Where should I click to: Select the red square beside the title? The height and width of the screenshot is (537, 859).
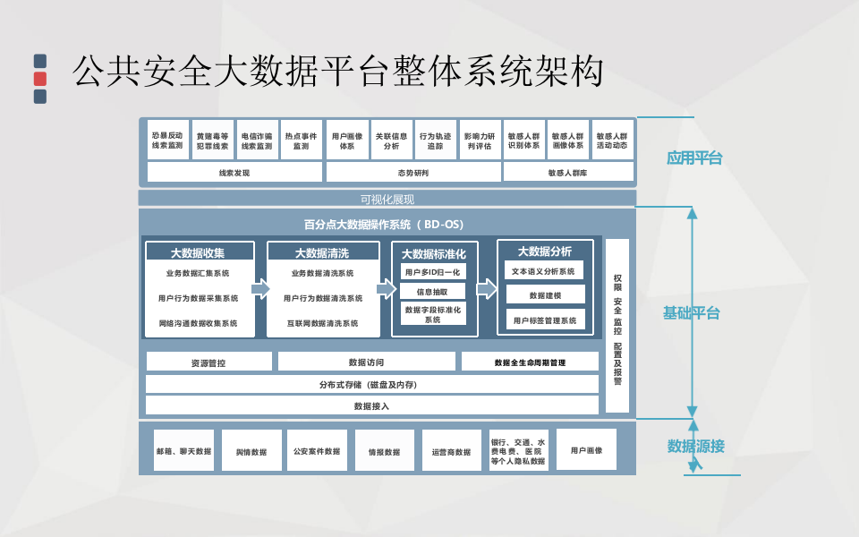[x=40, y=79]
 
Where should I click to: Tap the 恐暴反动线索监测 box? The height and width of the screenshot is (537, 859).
[x=167, y=140]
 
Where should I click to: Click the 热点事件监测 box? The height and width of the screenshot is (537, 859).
[x=302, y=140]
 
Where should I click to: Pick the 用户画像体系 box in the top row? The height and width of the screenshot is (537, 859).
[x=346, y=140]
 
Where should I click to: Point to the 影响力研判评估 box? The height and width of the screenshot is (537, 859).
[x=480, y=140]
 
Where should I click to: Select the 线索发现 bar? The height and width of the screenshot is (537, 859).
[x=234, y=172]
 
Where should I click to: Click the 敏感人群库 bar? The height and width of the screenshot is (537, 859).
[x=568, y=172]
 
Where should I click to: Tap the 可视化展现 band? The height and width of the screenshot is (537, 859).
[x=387, y=199]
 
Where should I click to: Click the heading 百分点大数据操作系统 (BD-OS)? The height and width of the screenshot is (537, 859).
[x=384, y=224]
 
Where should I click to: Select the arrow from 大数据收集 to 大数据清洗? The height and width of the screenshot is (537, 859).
[x=260, y=288]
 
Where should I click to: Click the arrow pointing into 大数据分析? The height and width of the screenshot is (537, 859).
[x=487, y=288]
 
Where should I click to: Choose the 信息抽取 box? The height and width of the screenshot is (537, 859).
[x=434, y=292]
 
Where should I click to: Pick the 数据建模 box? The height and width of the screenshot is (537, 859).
[x=545, y=294]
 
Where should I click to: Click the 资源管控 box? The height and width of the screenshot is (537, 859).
[x=208, y=362]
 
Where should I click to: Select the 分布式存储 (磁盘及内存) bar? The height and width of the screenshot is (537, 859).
[x=371, y=384]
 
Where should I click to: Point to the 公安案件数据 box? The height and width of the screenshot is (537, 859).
[x=317, y=451]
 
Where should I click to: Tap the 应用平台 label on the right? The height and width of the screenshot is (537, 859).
[x=693, y=158]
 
